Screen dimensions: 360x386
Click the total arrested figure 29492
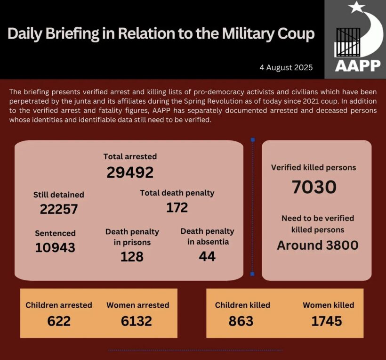click(x=130, y=172)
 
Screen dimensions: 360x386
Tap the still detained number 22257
click(x=59, y=209)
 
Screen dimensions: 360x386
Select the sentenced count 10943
click(x=55, y=247)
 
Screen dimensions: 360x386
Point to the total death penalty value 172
click(x=177, y=207)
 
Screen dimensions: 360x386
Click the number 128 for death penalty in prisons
click(x=132, y=256)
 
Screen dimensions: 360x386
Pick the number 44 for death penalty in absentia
click(x=207, y=256)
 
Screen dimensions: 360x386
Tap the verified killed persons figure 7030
click(x=314, y=187)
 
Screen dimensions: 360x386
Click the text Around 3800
click(x=317, y=245)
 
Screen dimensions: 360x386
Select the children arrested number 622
click(x=59, y=321)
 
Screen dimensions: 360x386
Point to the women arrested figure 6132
click(x=137, y=321)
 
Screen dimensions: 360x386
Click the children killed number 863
click(x=241, y=321)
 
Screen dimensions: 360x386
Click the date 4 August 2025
click(x=286, y=67)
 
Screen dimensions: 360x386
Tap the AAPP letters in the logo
click(x=358, y=65)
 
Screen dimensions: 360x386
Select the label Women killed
click(x=328, y=305)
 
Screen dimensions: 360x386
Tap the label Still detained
click(x=59, y=195)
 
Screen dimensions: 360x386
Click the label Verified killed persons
click(x=314, y=167)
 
